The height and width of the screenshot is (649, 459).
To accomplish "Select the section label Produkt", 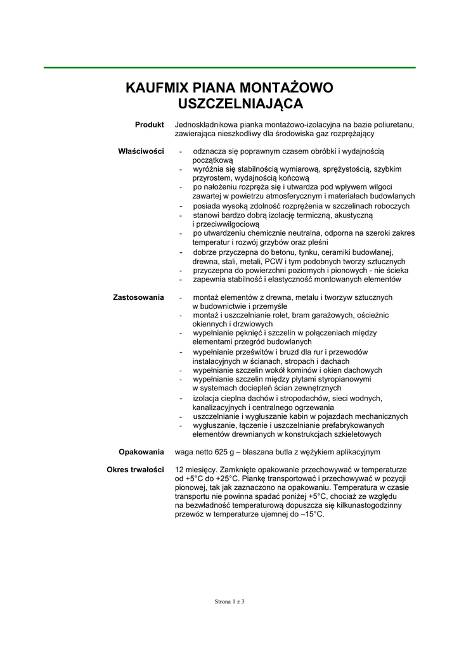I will click(x=150, y=125).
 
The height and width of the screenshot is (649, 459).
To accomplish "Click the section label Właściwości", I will click(x=141, y=151).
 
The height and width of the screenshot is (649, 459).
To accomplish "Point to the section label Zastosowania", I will click(x=138, y=297).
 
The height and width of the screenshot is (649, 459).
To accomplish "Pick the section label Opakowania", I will click(x=141, y=452).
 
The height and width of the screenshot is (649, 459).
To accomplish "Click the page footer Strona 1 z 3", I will click(x=229, y=601).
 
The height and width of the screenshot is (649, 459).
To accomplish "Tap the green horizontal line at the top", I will click(x=229, y=67).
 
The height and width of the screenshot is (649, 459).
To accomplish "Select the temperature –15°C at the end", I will click(x=311, y=514).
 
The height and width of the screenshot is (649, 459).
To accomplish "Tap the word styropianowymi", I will click(x=343, y=379).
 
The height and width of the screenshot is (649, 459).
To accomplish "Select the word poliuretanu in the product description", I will click(x=394, y=125).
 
